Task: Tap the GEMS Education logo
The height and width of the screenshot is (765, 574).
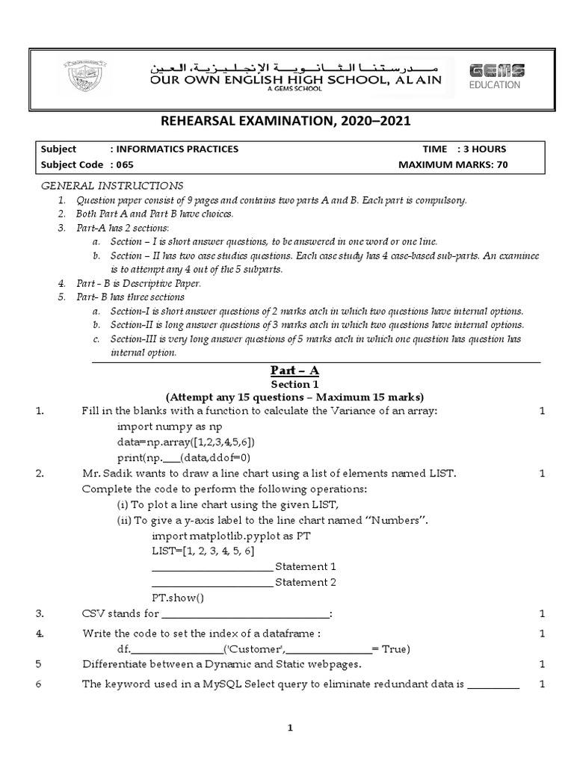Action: point(496,76)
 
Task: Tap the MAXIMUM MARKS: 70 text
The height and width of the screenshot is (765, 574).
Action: point(453,165)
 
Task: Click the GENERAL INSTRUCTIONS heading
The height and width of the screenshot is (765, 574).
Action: point(111,185)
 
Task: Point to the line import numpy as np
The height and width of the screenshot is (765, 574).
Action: point(170,426)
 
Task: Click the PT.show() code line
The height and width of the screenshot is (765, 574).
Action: point(178,598)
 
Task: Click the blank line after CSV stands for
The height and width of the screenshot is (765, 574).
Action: point(245,616)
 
